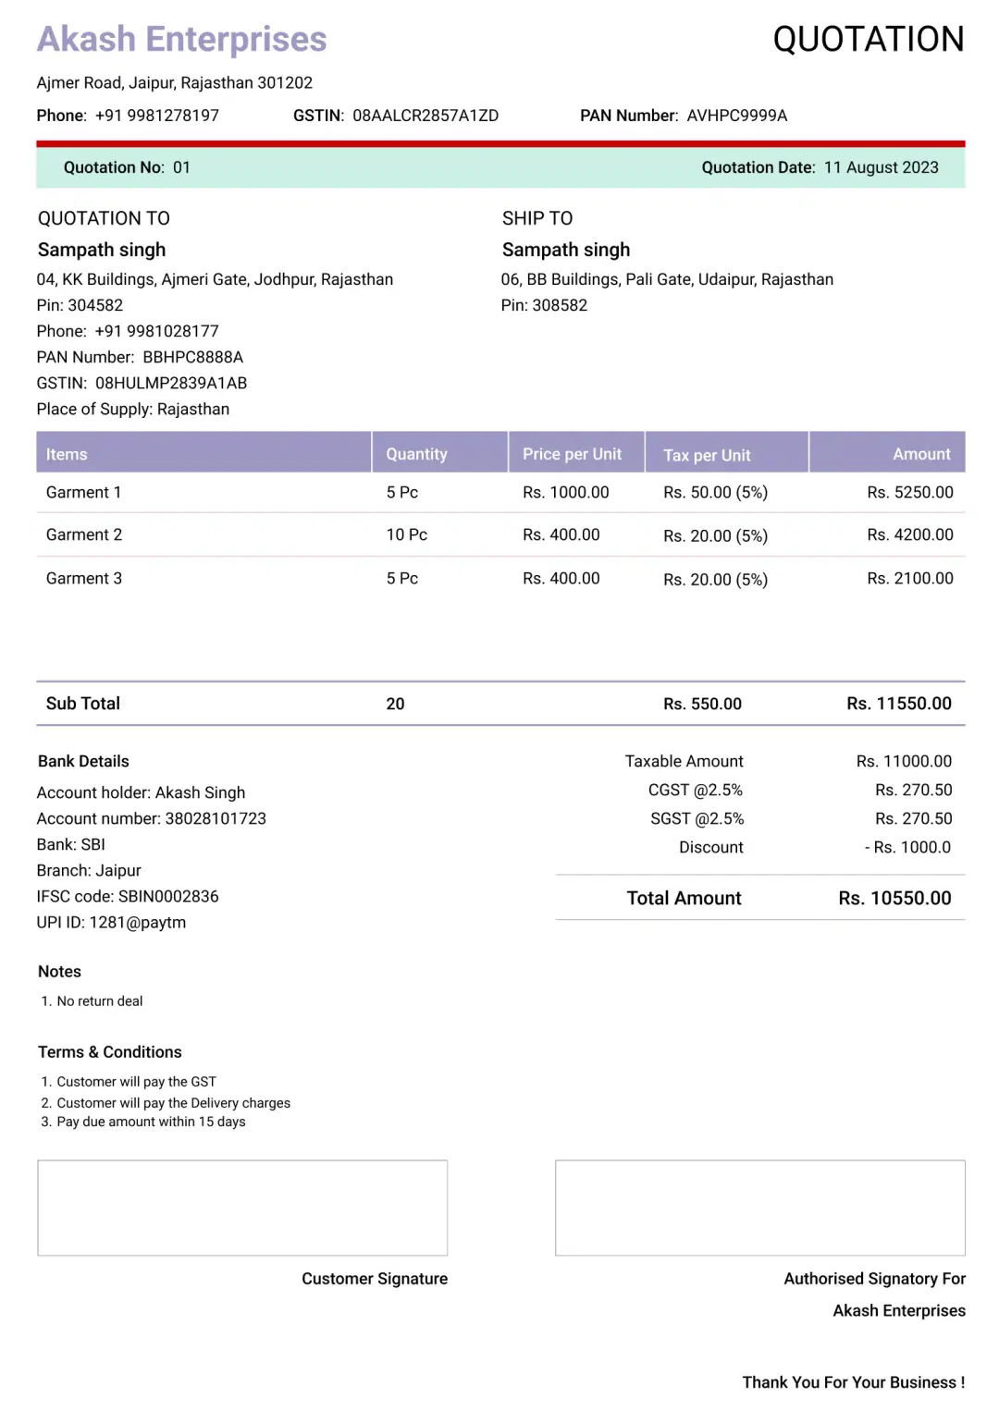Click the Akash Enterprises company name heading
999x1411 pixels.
pos(181,40)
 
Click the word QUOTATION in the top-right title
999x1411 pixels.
pos(868,40)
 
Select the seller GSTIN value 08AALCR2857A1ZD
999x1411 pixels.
pos(425,116)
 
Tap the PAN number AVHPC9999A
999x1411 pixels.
pos(736,116)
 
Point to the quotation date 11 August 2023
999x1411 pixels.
pos(881,167)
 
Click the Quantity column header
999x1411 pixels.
pos(416,454)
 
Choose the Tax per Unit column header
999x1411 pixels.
pos(707,455)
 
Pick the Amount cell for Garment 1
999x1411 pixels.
pos(909,492)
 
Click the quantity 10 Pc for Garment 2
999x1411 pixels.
pos(406,534)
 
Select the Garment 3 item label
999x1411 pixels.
pos(84,578)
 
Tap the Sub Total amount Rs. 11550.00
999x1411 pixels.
pos(898,704)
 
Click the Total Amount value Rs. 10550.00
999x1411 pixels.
pos(894,898)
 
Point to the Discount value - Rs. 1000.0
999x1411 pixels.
pos(907,847)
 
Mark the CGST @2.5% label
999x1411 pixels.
pos(695,790)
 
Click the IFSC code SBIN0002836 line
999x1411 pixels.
pos(128,896)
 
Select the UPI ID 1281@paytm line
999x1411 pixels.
pos(111,922)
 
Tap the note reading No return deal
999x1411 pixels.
pos(99,1000)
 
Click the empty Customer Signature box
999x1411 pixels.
pos(242,1208)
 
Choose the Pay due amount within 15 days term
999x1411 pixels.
pos(151,1122)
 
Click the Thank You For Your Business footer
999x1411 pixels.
pos(853,1381)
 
